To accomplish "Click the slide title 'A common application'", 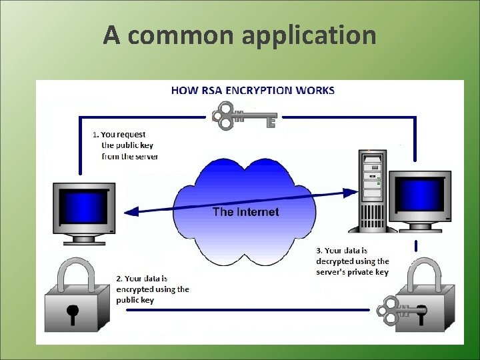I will [x=239, y=35].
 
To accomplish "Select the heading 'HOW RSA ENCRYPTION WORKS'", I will [x=253, y=90].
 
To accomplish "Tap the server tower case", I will [x=373, y=190].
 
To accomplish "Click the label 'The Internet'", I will [x=245, y=212].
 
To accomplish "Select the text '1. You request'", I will [x=120, y=134].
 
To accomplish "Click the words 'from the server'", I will [x=130, y=157].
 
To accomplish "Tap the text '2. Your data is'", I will [x=141, y=278].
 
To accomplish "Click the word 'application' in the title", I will [x=309, y=35].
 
